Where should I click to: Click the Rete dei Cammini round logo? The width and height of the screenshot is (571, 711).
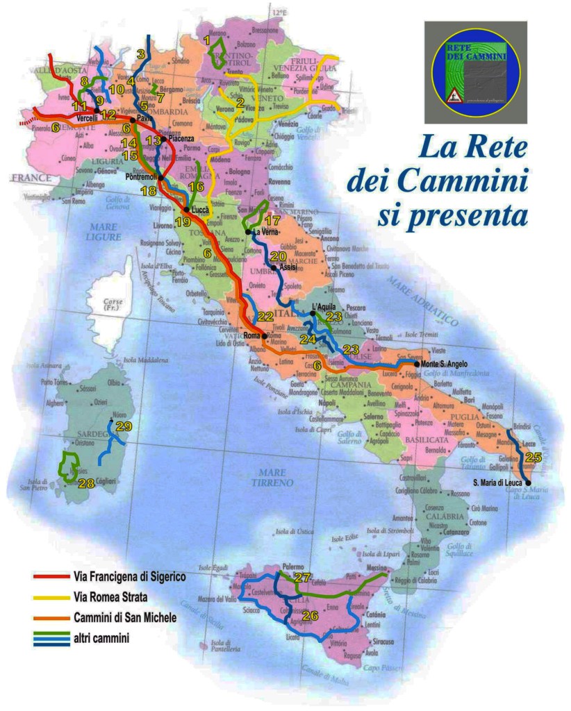click(x=475, y=71)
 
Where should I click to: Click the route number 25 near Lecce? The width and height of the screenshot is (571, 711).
click(x=533, y=457)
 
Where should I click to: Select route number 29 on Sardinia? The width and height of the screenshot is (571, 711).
click(x=123, y=426)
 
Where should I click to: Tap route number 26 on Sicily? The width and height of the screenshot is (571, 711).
click(x=311, y=615)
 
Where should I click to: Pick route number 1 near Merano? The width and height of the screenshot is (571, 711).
click(x=207, y=41)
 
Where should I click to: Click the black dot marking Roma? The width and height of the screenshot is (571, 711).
click(x=265, y=335)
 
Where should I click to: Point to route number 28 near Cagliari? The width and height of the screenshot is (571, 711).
click(x=86, y=484)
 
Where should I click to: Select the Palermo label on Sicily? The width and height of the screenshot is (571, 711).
click(x=294, y=567)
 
